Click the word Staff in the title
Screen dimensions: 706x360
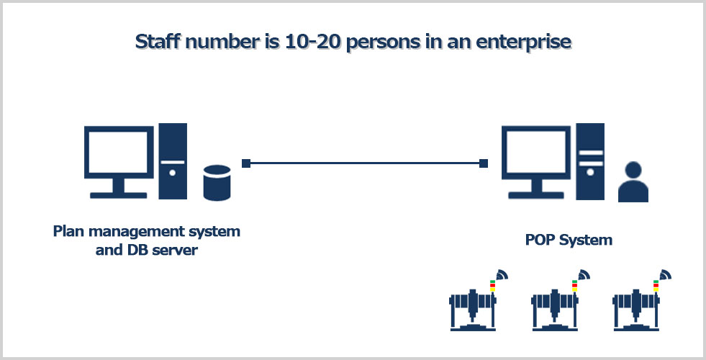[155, 42]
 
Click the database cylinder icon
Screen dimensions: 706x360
[217, 182]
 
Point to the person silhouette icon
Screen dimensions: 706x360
[633, 182]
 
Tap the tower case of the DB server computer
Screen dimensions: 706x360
[173, 161]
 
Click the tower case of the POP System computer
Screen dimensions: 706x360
[590, 161]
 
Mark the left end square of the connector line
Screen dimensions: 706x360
[246, 163]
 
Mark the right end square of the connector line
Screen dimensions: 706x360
[484, 163]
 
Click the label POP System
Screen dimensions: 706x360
[569, 240]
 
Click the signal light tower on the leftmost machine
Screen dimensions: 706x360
[492, 286]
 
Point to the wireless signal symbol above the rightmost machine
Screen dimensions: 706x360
[665, 275]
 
